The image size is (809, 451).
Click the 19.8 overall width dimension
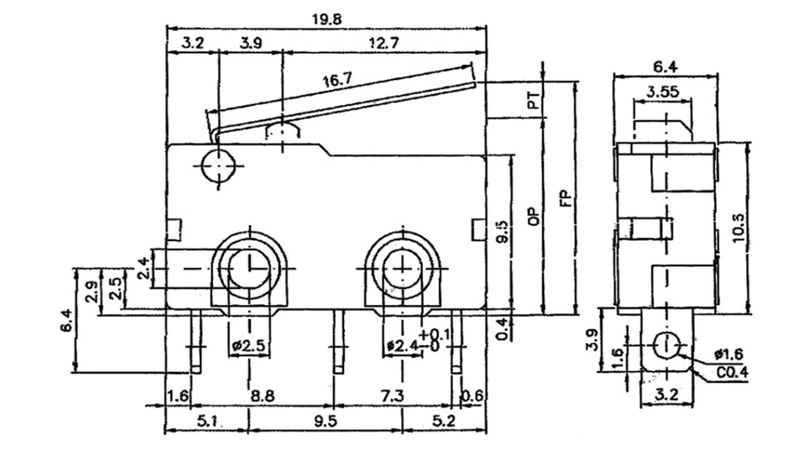point(326,20)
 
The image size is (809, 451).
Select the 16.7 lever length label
point(337,79)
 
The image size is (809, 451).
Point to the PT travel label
point(533,100)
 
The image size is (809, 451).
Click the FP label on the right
point(566,199)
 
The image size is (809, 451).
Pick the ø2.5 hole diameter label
point(249,346)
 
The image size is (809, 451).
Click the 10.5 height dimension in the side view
point(738,228)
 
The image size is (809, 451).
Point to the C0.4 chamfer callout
point(732,372)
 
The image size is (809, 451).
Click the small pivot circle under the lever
point(218,165)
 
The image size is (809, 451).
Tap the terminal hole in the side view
point(666,346)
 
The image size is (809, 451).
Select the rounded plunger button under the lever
point(283,130)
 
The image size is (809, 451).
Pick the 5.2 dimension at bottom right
point(444,421)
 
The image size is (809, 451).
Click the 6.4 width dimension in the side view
point(665,67)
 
